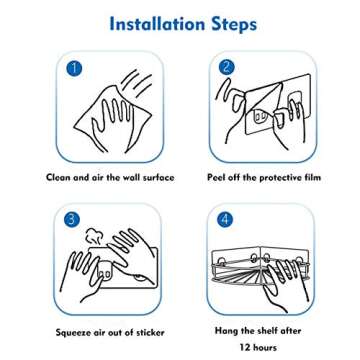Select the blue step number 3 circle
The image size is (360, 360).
click(70, 218)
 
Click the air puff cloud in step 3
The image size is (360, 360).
click(94, 237)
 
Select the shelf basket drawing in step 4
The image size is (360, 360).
click(262, 264)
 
